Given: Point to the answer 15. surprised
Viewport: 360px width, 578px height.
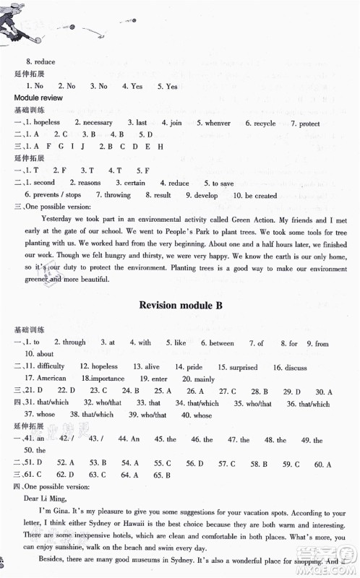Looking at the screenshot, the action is [231, 367].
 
